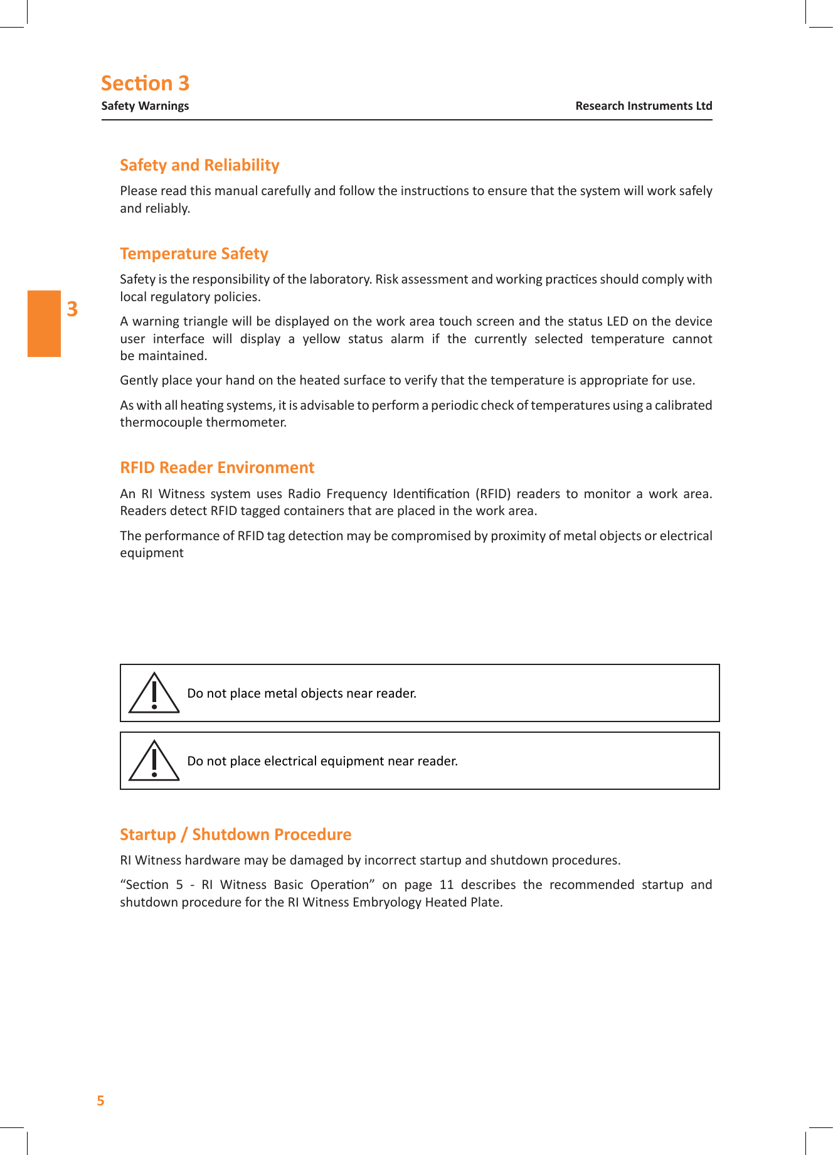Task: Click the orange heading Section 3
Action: [x=145, y=83]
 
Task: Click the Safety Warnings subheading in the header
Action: [x=145, y=106]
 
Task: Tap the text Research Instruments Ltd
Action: [x=644, y=106]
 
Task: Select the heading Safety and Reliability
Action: [x=199, y=165]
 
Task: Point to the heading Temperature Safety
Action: [x=194, y=253]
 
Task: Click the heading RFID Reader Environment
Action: [x=217, y=467]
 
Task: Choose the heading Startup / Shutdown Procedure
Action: [x=235, y=834]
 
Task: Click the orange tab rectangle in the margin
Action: [x=44, y=324]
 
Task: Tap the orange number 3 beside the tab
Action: [x=72, y=309]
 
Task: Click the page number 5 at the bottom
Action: [x=100, y=1100]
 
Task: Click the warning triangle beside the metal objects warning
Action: [x=154, y=694]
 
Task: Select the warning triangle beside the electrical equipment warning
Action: [x=154, y=762]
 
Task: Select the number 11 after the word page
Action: [x=446, y=885]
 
